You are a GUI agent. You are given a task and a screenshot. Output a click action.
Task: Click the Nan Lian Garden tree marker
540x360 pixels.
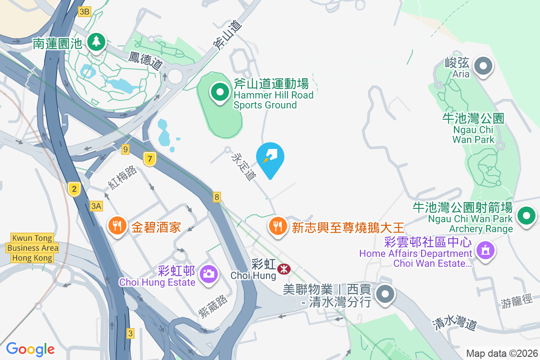(95, 42)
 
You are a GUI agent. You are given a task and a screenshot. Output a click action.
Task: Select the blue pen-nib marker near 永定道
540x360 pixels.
(270, 157)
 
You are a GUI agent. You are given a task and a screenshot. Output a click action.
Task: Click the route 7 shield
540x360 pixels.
(150, 158)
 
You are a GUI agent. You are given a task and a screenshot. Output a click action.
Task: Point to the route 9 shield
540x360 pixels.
(125, 148)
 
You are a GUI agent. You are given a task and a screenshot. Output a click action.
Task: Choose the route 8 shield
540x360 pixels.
(217, 197)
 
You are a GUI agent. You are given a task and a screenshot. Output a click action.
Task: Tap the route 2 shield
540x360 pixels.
(74, 189)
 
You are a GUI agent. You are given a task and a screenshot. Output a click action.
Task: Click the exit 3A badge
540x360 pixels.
(96, 206)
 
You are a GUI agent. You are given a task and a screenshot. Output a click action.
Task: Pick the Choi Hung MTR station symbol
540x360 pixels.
(284, 269)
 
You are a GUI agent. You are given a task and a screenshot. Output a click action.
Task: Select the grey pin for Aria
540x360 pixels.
(484, 66)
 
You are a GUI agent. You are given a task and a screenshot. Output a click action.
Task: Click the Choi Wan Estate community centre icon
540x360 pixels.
(485, 250)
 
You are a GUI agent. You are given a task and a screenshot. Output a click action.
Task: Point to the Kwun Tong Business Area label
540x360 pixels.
(33, 248)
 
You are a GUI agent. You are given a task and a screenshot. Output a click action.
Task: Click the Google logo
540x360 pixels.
(31, 349)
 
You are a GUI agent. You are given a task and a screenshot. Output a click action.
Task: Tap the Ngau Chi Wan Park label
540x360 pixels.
(473, 129)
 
